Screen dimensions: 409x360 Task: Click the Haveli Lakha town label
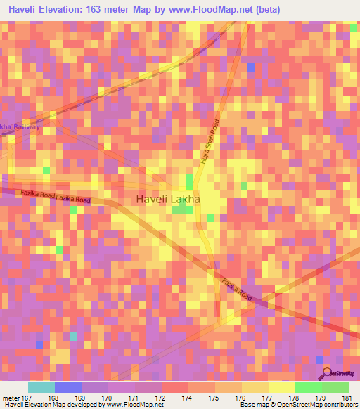(167, 200)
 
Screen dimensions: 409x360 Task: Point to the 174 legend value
(186, 397)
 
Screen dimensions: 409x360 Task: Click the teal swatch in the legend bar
(41, 387)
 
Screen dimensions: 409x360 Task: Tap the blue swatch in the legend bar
(68, 387)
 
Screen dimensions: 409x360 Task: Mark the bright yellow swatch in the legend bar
(282, 387)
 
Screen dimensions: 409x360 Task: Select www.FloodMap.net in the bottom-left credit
(132, 404)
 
